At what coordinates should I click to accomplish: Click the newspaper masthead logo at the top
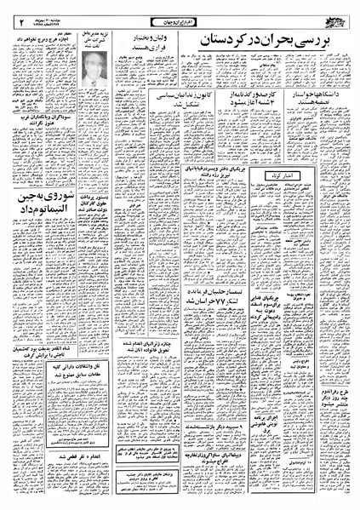tap(341, 17)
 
